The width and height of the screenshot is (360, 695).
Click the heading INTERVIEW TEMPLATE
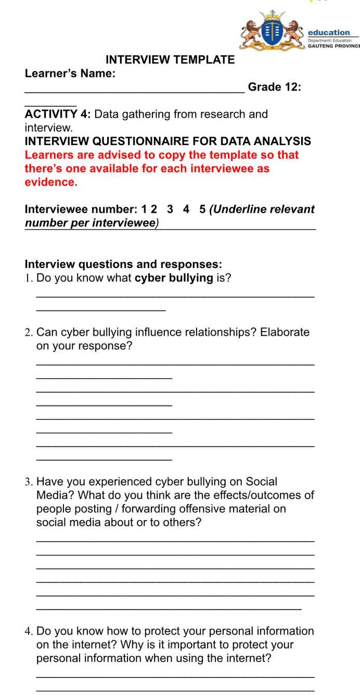170,60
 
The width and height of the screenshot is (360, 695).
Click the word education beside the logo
329,32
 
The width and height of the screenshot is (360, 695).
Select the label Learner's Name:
70,74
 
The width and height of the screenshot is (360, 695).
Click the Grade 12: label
275,87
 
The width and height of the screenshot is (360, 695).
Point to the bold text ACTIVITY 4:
58,115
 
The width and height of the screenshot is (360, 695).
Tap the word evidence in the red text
50,182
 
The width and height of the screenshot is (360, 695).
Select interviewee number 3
170,210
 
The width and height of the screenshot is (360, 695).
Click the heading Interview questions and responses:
124,264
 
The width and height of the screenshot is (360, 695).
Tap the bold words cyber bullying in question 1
174,278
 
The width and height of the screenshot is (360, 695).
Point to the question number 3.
29,482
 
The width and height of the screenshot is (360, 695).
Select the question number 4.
29,631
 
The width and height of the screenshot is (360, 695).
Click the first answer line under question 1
175,297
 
